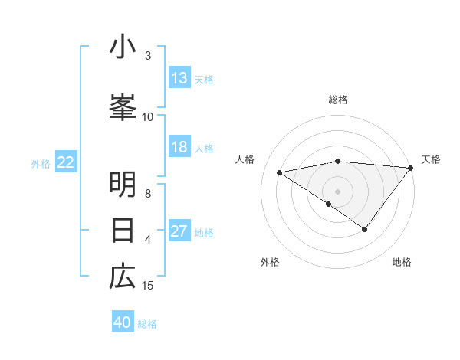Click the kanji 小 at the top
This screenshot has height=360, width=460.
point(123,47)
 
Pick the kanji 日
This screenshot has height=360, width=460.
point(123,230)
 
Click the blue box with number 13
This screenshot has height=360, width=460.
point(179,78)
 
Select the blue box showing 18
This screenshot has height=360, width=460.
point(179,147)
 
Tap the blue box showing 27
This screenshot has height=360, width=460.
point(179,231)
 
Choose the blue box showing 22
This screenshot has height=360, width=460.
point(66,162)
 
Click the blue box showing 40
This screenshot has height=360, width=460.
point(123,322)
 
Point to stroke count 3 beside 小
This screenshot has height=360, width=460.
point(148,56)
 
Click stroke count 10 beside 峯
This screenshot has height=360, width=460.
point(148,116)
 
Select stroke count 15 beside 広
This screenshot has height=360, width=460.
point(148,286)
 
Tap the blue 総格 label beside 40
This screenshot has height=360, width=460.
point(147,324)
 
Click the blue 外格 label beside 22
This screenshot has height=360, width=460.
point(41,163)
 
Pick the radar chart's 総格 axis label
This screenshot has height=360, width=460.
point(338,100)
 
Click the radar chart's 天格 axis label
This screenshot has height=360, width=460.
point(431,159)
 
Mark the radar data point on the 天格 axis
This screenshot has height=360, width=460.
point(411,167)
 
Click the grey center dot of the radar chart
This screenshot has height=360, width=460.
point(338,190)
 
